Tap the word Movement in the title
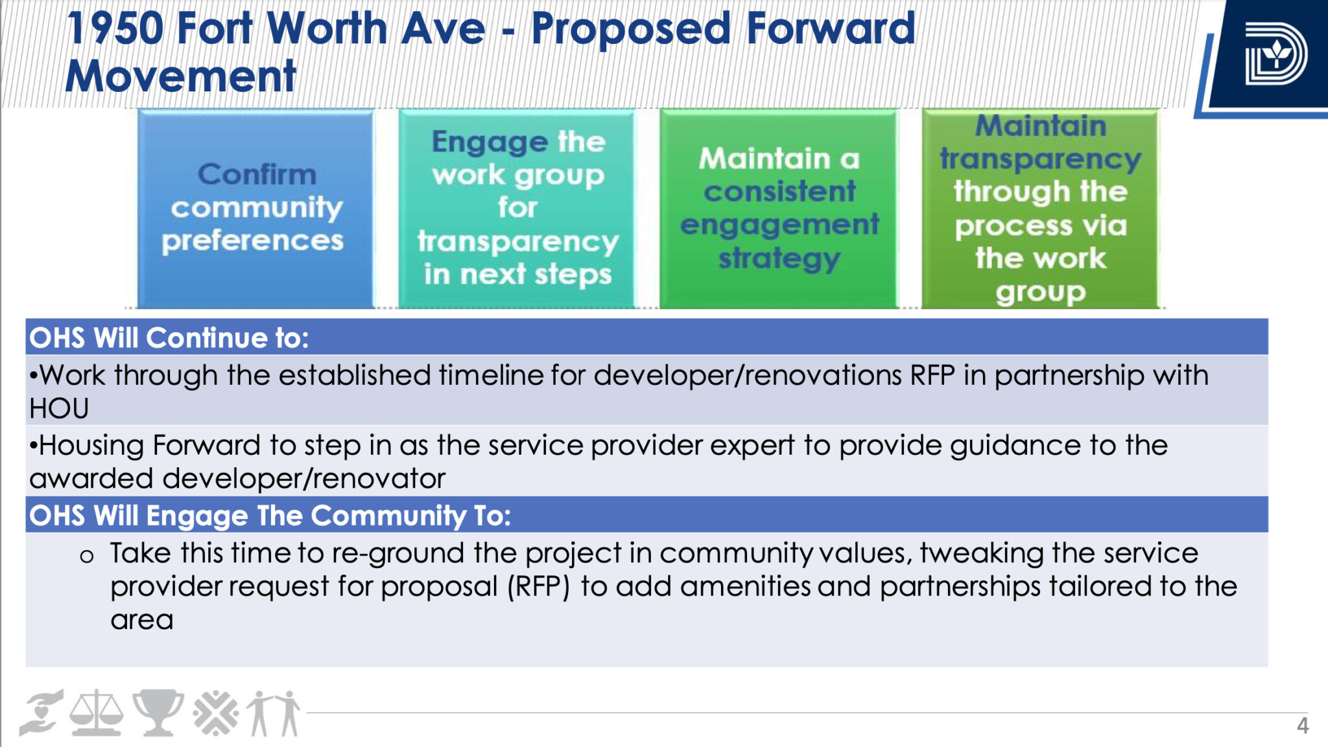click(181, 76)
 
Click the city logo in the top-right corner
click(1275, 54)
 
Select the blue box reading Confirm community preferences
click(255, 209)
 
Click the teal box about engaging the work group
click(517, 209)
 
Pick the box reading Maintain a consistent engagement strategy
click(779, 209)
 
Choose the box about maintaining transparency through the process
click(1040, 209)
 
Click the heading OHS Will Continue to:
click(169, 338)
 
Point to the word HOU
click(59, 409)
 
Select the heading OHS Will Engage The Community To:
click(270, 516)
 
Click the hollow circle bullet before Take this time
click(87, 556)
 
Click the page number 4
click(1302, 726)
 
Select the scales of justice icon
click(96, 713)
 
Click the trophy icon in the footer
click(158, 713)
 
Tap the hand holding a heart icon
click(41, 713)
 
